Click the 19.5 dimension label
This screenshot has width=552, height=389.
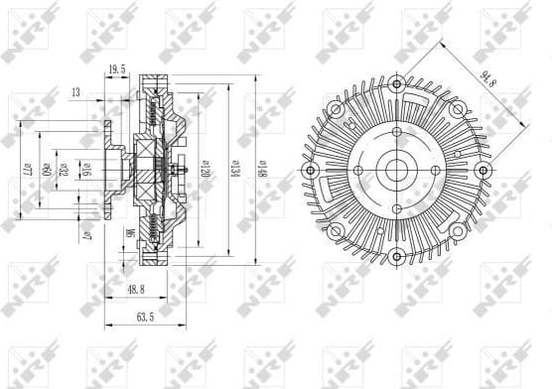(x=116, y=69)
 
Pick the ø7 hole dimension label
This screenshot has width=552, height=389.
(x=89, y=236)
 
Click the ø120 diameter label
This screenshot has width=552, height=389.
(x=205, y=166)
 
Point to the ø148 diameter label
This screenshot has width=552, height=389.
(x=260, y=166)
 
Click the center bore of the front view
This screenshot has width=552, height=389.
(x=397, y=170)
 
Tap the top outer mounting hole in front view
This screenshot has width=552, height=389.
(x=397, y=82)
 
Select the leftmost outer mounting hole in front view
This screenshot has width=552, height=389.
(x=310, y=170)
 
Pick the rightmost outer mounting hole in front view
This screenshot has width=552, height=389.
(x=484, y=170)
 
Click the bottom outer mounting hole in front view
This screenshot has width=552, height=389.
(x=397, y=257)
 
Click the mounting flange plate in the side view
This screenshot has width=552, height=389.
(x=105, y=170)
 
